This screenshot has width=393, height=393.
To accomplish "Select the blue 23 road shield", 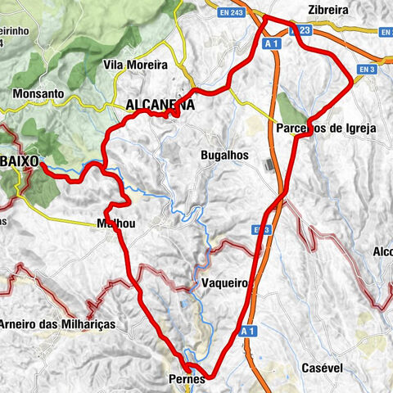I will click(x=305, y=30).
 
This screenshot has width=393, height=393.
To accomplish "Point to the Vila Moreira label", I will click(x=136, y=64).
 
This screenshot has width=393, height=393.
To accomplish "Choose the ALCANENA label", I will click(x=160, y=106).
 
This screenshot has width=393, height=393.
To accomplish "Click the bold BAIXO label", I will click(x=20, y=161).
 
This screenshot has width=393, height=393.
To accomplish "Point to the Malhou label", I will click(x=115, y=223).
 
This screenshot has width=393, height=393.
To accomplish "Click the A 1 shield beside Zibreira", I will click(x=274, y=43).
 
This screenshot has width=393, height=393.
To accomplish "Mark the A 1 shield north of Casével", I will click(x=249, y=331).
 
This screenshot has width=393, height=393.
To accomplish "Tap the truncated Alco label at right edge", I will click(x=382, y=251).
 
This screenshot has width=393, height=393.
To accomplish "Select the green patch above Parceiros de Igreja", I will click(x=287, y=109).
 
